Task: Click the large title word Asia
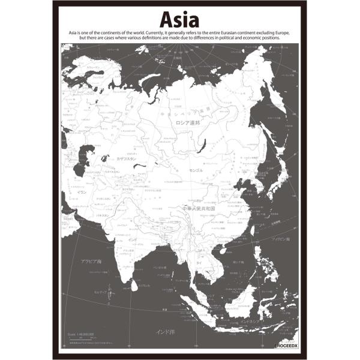point(180,19)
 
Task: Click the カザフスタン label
point(127,160)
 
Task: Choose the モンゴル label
point(196,170)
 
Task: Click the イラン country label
point(82,192)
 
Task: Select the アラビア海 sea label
point(91,262)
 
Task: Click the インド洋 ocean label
point(165,332)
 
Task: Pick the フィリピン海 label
point(279,239)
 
